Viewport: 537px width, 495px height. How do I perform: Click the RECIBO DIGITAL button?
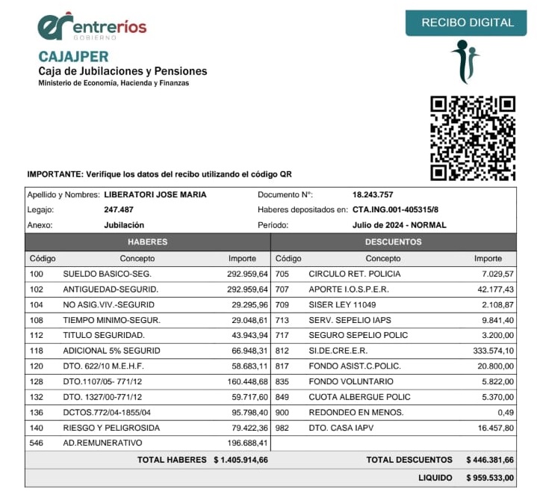[x=468, y=22]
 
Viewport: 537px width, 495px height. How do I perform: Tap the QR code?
[x=473, y=138]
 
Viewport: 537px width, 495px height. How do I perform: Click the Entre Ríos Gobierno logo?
[x=92, y=27]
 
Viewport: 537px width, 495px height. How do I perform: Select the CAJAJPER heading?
[x=73, y=57]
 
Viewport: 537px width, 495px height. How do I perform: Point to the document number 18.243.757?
[x=372, y=194]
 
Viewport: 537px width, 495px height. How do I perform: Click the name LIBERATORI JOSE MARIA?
[x=155, y=194]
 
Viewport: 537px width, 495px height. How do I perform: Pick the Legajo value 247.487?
[x=119, y=209]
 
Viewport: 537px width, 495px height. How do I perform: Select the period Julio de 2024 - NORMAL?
[x=399, y=225]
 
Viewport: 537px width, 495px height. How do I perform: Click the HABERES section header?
[x=147, y=242]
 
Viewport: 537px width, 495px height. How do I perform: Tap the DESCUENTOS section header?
[x=393, y=242]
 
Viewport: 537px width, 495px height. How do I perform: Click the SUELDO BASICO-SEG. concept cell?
[x=107, y=274]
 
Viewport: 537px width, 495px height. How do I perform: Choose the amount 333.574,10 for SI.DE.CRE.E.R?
[x=488, y=351]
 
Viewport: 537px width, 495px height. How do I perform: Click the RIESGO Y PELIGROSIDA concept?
[x=111, y=428]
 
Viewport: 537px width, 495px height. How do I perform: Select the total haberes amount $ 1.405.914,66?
[x=240, y=460]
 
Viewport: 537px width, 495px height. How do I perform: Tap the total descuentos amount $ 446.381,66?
[x=489, y=460]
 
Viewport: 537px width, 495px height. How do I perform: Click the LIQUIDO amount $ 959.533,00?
[x=489, y=477]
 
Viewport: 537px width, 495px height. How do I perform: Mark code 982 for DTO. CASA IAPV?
[x=282, y=428]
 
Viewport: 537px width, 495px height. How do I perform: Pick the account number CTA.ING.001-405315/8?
[x=395, y=209]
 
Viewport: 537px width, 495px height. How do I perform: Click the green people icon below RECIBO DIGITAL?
[x=465, y=62]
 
